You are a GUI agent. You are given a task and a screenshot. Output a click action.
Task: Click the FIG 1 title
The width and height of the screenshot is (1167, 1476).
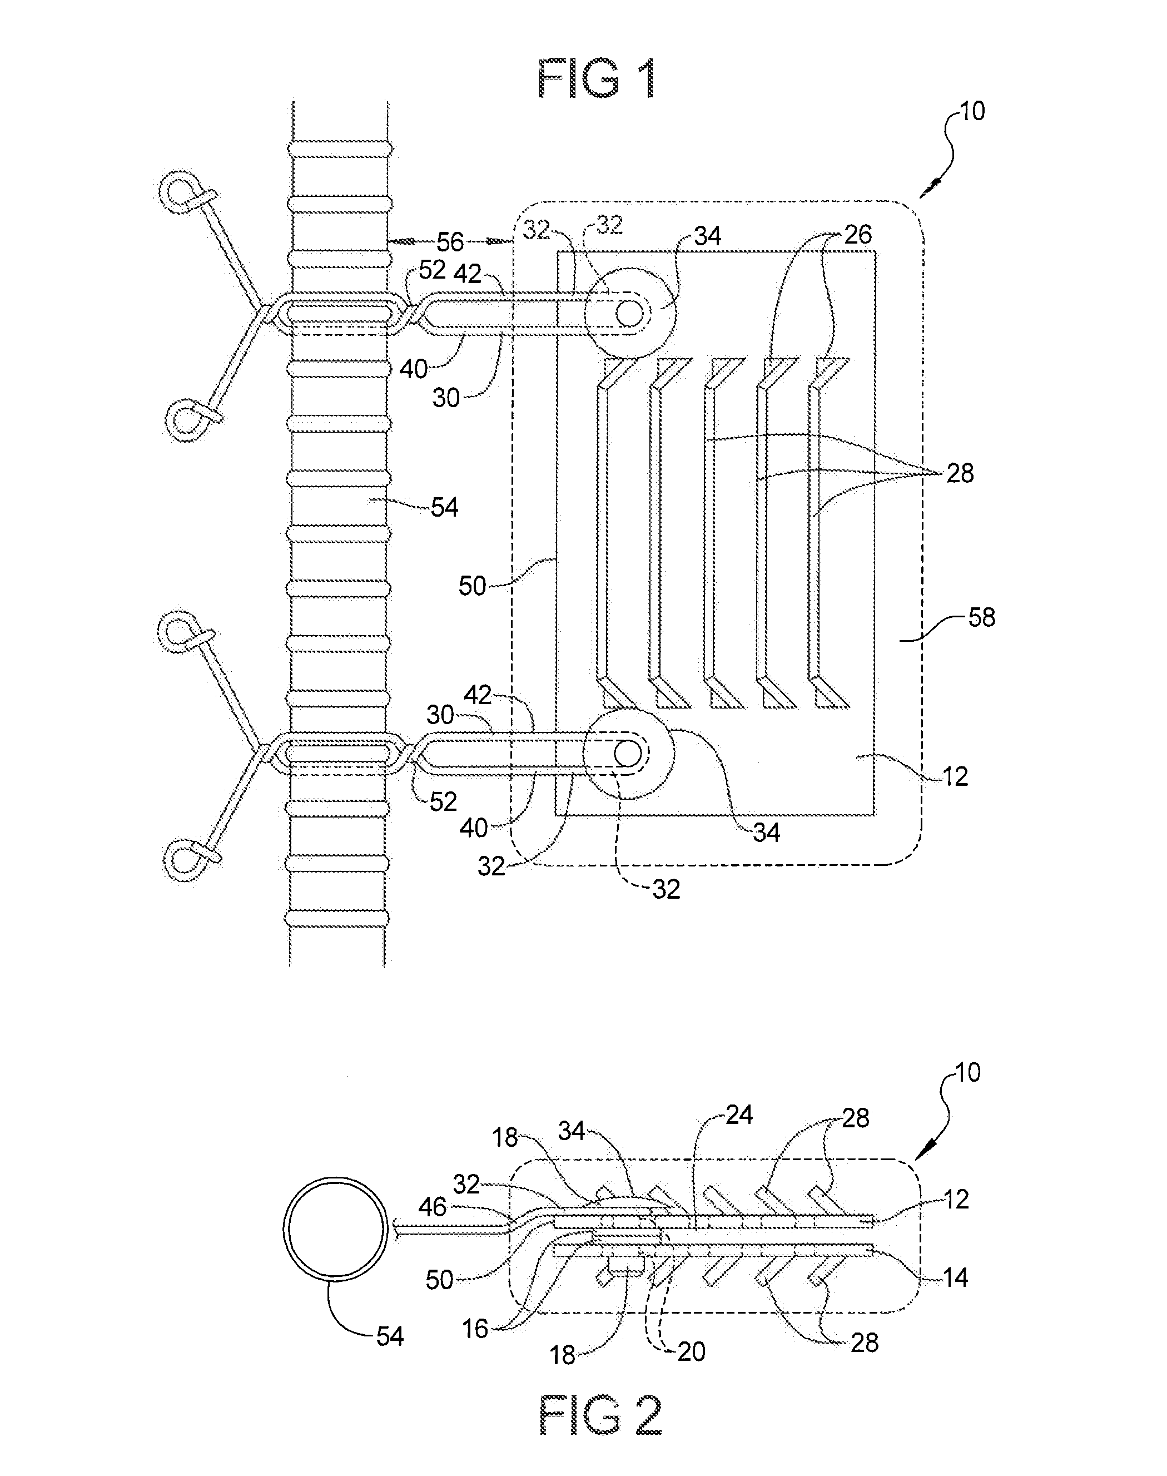597,78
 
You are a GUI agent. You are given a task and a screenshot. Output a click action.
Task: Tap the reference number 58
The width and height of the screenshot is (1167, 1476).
981,618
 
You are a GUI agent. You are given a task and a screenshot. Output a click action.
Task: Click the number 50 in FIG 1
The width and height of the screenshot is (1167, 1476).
472,586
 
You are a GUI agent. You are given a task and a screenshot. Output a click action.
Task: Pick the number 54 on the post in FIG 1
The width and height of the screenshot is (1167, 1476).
444,507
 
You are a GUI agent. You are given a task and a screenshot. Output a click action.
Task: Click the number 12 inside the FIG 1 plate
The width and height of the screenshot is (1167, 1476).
955,776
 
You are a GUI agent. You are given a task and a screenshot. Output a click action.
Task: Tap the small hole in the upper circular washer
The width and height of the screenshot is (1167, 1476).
629,313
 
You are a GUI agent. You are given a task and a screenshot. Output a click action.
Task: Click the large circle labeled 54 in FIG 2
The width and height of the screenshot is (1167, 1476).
335,1228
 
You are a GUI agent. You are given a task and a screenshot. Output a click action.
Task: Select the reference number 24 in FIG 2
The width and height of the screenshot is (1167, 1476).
739,1115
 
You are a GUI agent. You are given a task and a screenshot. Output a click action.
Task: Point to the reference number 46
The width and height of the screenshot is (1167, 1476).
433,1207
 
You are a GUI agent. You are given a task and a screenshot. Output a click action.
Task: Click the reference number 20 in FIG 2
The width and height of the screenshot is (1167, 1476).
691,1351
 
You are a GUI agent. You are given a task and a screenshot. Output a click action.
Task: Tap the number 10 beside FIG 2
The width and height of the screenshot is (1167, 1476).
967,1072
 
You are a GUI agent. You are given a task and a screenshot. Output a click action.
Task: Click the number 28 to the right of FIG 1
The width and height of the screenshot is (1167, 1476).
960,473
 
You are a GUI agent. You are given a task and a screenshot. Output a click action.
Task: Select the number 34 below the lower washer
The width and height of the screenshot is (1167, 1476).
766,833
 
